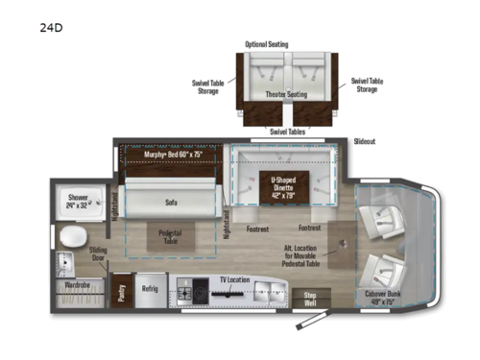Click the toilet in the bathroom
pos(70,238)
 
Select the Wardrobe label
pos(79,285)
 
